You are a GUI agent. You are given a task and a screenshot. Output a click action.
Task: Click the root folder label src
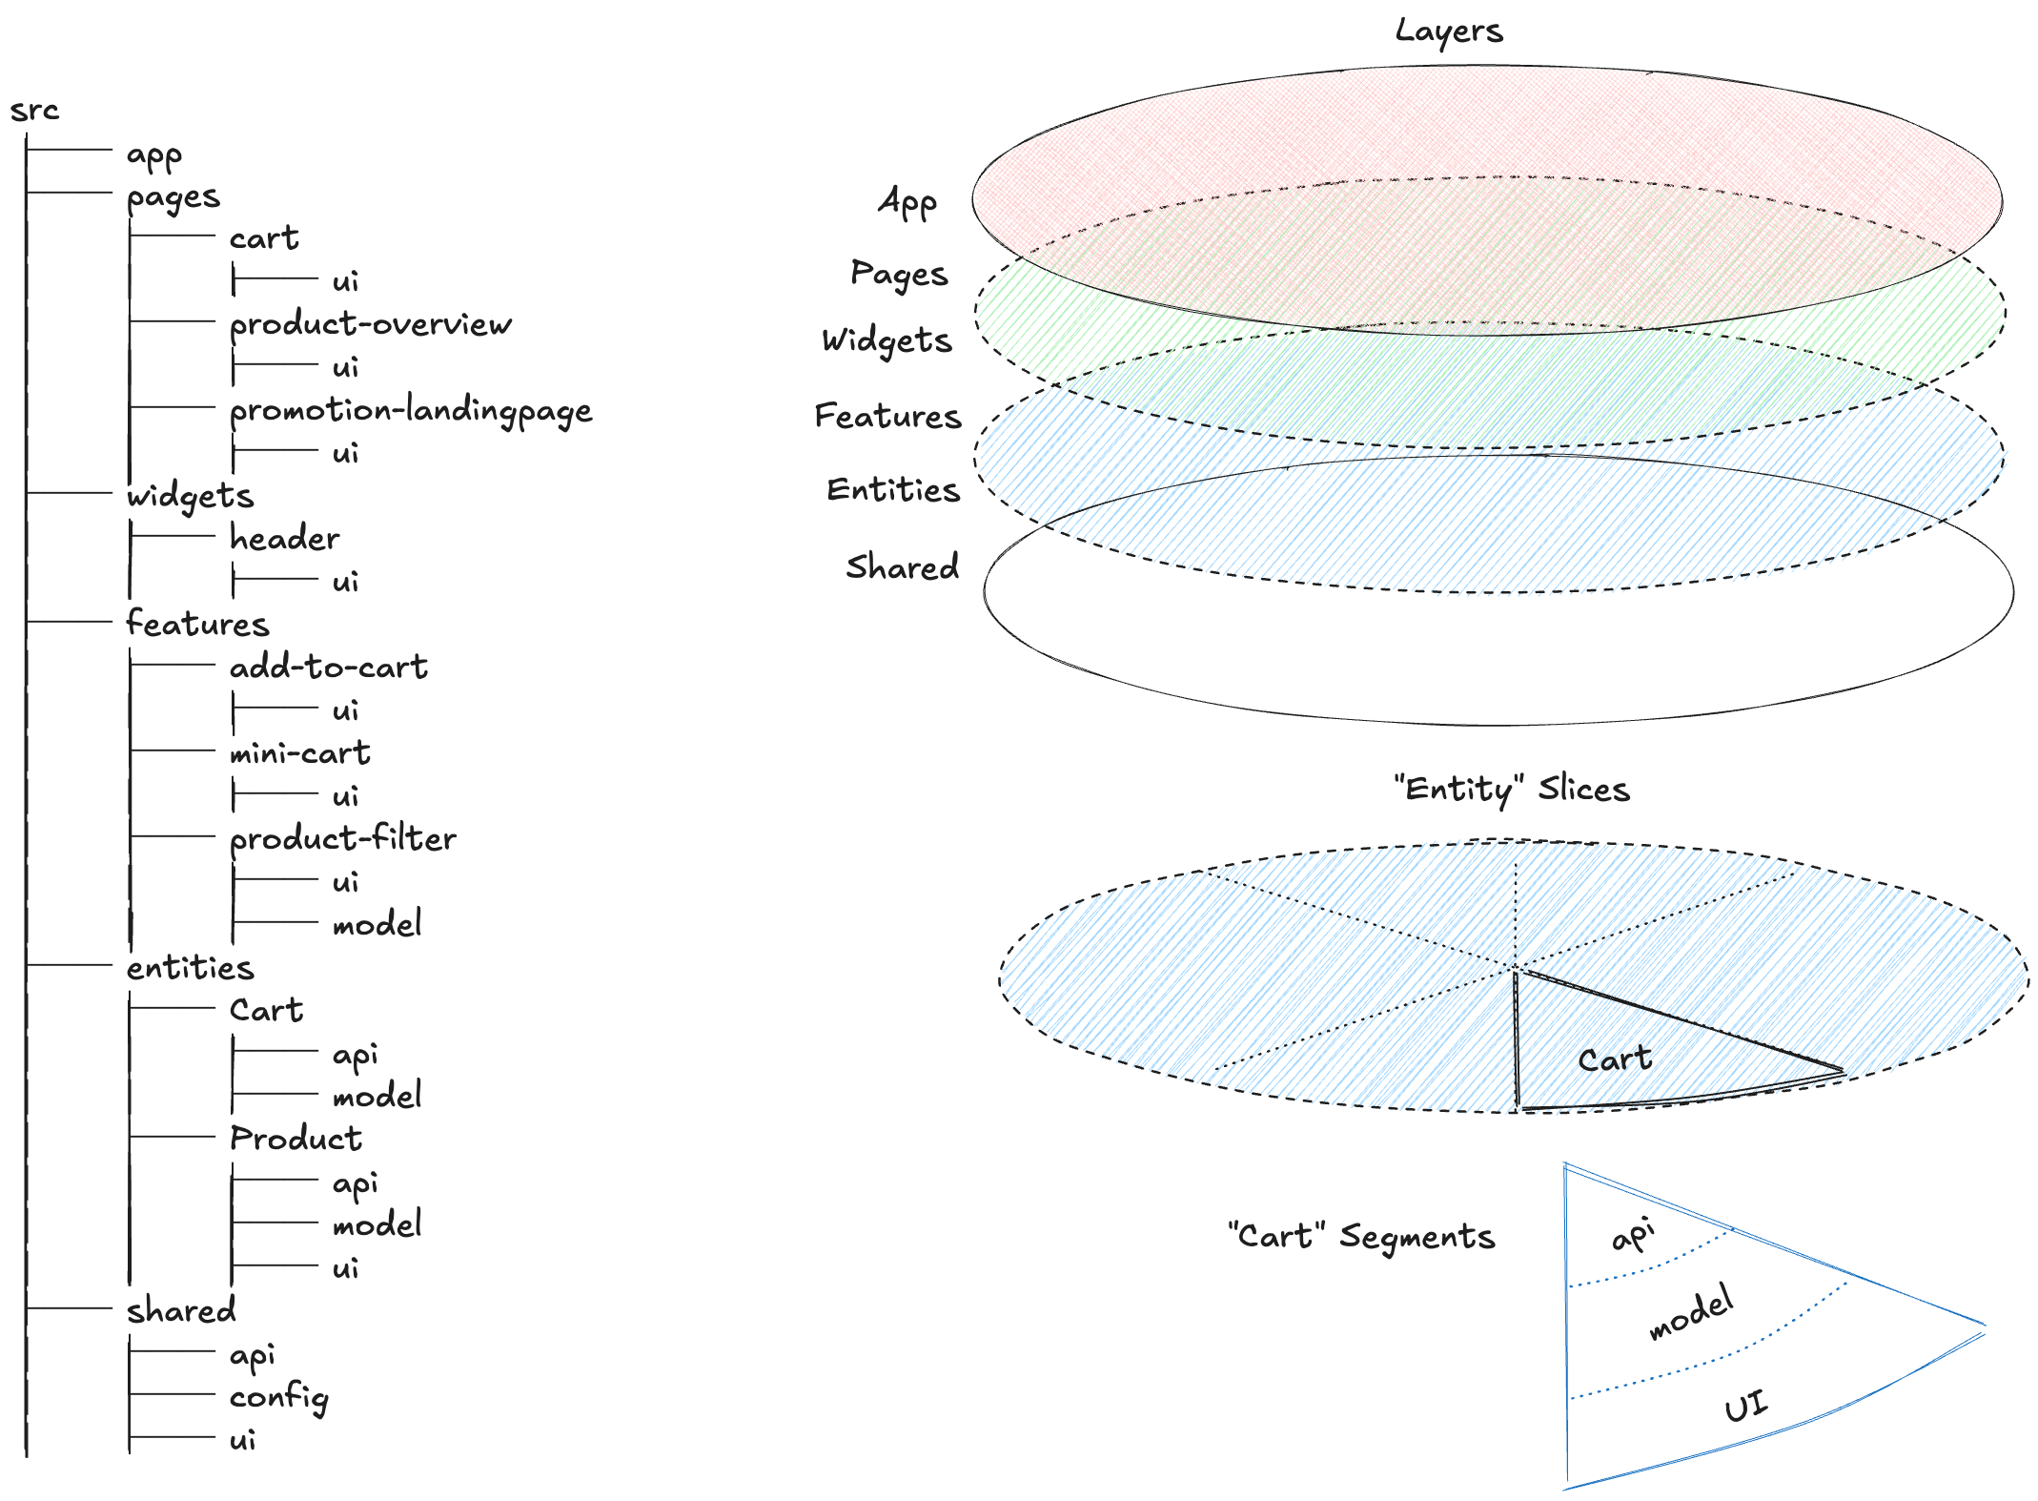34,111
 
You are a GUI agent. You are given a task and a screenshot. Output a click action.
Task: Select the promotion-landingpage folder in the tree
411,411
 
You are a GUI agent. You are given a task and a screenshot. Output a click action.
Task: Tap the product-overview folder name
370,325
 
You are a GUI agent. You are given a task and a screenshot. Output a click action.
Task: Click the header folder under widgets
284,539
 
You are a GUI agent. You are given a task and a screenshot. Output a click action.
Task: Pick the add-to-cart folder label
328,668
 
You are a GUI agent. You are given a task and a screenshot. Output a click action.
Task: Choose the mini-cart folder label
299,753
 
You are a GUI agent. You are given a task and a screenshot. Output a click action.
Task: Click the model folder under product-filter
377,924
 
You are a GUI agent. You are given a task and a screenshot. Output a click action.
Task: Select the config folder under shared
278,1398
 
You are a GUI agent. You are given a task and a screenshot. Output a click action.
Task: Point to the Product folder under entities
296,1139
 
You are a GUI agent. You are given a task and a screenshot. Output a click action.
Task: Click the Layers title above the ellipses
1449,31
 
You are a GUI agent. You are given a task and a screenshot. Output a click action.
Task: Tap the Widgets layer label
887,341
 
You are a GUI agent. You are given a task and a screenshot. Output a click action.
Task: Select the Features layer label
887,417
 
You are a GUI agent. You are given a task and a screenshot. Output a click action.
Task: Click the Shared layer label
902,567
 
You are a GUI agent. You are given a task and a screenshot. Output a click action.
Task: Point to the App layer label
907,202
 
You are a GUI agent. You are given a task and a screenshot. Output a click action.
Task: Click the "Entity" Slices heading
1511,790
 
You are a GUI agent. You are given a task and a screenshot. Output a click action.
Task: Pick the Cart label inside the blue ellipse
1615,1059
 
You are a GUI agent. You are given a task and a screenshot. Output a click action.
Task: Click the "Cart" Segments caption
1361,1237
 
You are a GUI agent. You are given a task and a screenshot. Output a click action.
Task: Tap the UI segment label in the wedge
1745,1406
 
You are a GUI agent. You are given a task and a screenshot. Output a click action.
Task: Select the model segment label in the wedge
1691,1312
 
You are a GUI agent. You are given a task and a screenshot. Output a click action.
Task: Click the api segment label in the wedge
1633,1236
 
